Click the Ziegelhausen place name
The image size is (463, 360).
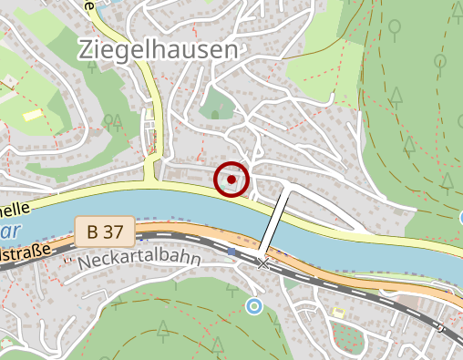(158, 49)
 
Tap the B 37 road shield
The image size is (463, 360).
(106, 231)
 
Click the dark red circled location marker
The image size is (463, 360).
(231, 180)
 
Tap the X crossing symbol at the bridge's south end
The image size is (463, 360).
(264, 263)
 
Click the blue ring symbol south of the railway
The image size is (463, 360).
(254, 306)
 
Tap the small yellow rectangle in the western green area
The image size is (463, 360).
(33, 115)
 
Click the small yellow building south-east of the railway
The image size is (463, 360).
(338, 313)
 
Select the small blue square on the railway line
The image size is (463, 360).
(232, 251)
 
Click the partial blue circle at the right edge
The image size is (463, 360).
(459, 218)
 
